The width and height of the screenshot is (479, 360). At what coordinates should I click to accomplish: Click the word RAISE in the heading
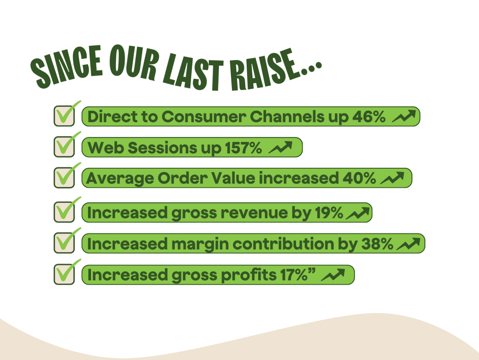coord(264,70)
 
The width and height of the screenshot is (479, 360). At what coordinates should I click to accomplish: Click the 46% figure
coord(369,116)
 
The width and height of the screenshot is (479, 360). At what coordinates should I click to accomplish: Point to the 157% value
coord(243,148)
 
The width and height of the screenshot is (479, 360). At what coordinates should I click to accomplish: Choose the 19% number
coord(329,213)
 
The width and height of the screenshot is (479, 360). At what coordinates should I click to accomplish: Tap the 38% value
coord(377,244)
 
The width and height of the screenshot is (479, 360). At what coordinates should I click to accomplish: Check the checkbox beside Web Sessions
coord(64,147)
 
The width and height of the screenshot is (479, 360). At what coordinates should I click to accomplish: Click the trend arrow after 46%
coord(404,116)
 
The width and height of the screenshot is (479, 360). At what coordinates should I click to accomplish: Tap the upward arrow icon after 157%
coord(280,147)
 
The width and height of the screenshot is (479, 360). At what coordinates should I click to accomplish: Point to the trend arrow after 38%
coord(408,244)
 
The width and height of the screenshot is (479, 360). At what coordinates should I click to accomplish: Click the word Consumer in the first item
coord(204,116)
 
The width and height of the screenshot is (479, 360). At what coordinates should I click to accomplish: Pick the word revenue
coord(254,213)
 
